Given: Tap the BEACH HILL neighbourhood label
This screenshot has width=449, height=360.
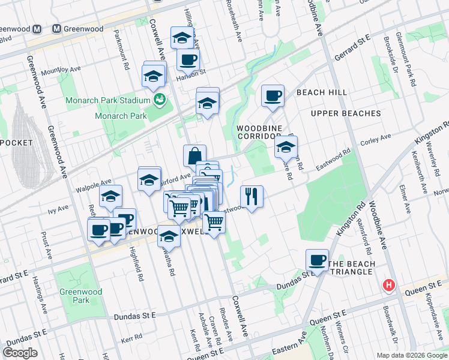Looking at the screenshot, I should pyautogui.click(x=321, y=92).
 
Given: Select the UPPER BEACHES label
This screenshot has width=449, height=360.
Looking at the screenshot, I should pyautogui.click(x=345, y=113).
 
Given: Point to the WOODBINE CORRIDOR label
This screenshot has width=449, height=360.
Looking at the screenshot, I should pyautogui.click(x=259, y=133).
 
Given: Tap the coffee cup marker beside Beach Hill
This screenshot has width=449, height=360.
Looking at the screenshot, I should pyautogui.click(x=273, y=96).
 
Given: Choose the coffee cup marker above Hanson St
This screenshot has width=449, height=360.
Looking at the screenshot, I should pyautogui.click(x=188, y=60).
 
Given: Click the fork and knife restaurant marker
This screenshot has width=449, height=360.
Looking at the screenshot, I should pyautogui.click(x=252, y=196).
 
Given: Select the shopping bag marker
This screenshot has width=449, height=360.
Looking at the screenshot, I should pyautogui.click(x=194, y=156).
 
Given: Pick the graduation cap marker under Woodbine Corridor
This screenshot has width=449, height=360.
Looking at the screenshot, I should pyautogui.click(x=286, y=146).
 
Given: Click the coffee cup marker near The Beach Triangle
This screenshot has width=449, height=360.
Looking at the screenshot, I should pyautogui.click(x=317, y=261).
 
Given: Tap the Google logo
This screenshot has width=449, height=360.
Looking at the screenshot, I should pyautogui.click(x=20, y=353).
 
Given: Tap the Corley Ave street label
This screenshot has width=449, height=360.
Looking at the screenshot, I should pyautogui.click(x=371, y=144).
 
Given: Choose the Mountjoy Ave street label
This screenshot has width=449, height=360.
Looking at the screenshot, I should pyautogui.click(x=61, y=70).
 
